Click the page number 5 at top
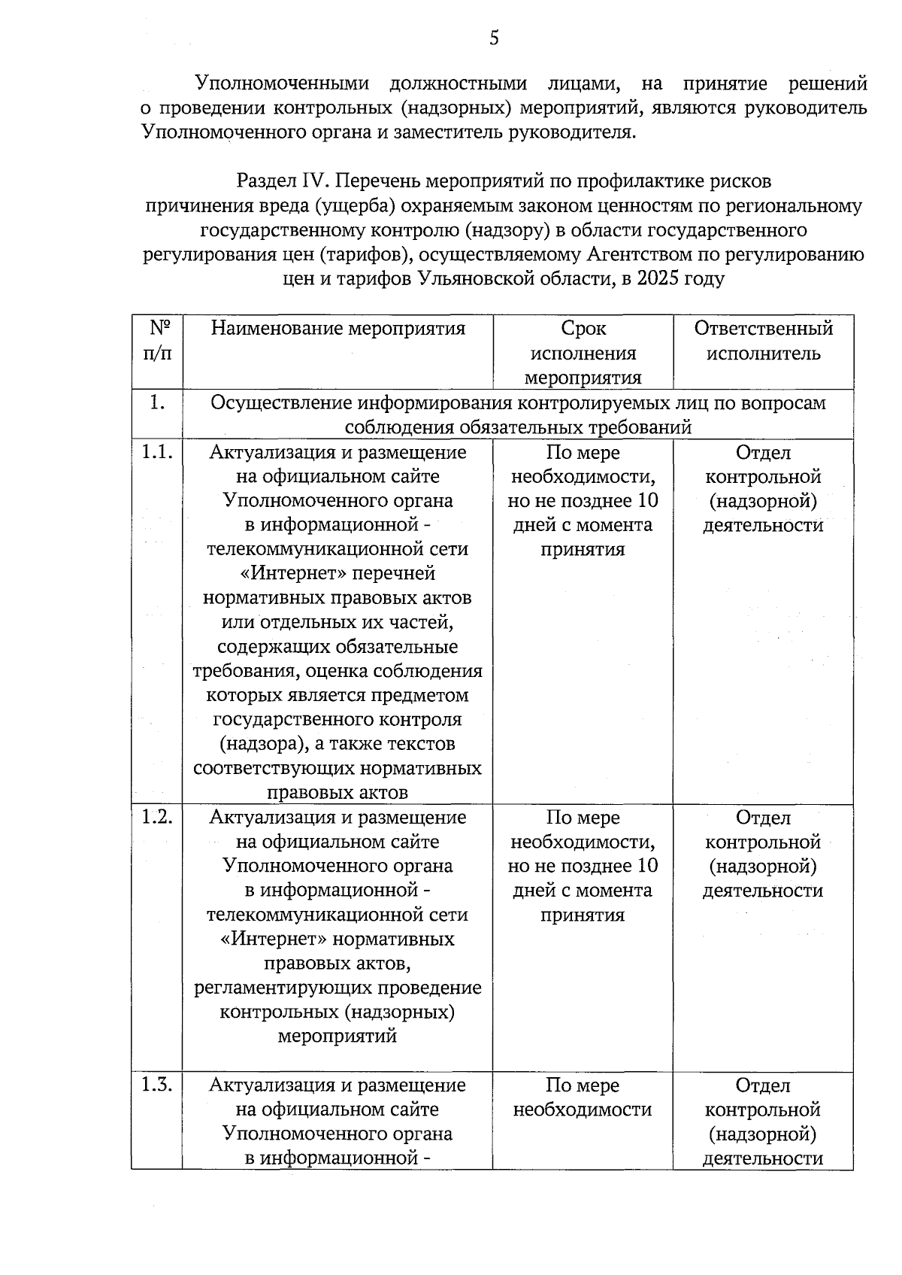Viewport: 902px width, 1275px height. click(494, 38)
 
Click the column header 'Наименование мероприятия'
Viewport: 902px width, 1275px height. click(337, 328)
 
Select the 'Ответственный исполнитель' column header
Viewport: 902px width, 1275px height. click(763, 341)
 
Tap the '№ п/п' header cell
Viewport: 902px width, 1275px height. click(157, 341)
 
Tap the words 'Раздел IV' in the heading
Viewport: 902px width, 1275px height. click(284, 181)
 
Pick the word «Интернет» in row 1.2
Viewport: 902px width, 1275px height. click(272, 940)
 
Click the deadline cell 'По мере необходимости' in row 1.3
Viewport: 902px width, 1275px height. click(583, 1097)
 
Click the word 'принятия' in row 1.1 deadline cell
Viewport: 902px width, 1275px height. click(583, 550)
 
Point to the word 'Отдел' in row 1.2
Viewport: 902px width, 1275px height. click(763, 818)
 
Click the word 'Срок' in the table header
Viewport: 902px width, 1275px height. click(583, 329)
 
